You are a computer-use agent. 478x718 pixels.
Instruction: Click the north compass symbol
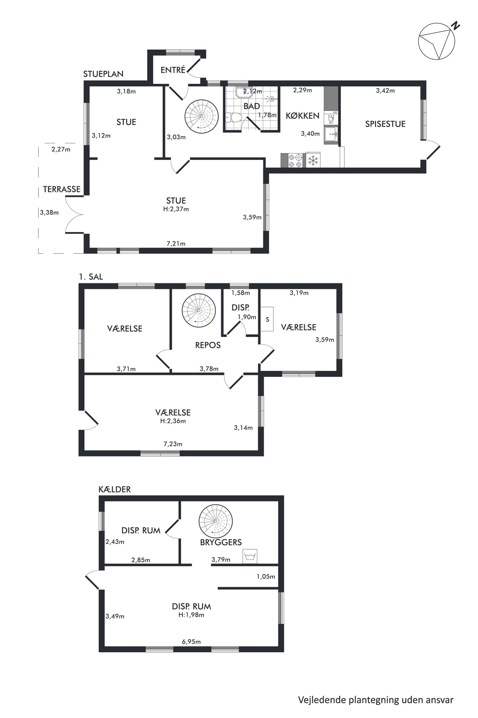(437, 41)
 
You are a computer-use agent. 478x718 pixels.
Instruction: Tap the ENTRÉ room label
(173, 70)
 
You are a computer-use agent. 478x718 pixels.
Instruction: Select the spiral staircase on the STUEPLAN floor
(201, 116)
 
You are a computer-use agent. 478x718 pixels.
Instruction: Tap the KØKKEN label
(302, 116)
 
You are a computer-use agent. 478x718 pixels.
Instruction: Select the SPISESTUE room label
(385, 124)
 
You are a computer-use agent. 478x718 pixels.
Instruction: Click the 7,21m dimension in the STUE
(176, 244)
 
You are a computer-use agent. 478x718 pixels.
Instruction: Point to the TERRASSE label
(62, 189)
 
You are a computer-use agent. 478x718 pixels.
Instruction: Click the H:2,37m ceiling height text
(176, 209)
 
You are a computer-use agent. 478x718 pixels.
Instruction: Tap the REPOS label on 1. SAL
(208, 345)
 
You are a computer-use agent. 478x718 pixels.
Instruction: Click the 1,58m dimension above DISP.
(240, 293)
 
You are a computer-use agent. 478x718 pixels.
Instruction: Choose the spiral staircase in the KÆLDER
(216, 521)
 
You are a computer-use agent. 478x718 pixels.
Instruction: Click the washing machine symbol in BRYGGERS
(250, 556)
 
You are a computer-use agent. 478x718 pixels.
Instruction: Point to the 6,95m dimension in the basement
(192, 642)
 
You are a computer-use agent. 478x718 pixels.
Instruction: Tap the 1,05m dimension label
(266, 577)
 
